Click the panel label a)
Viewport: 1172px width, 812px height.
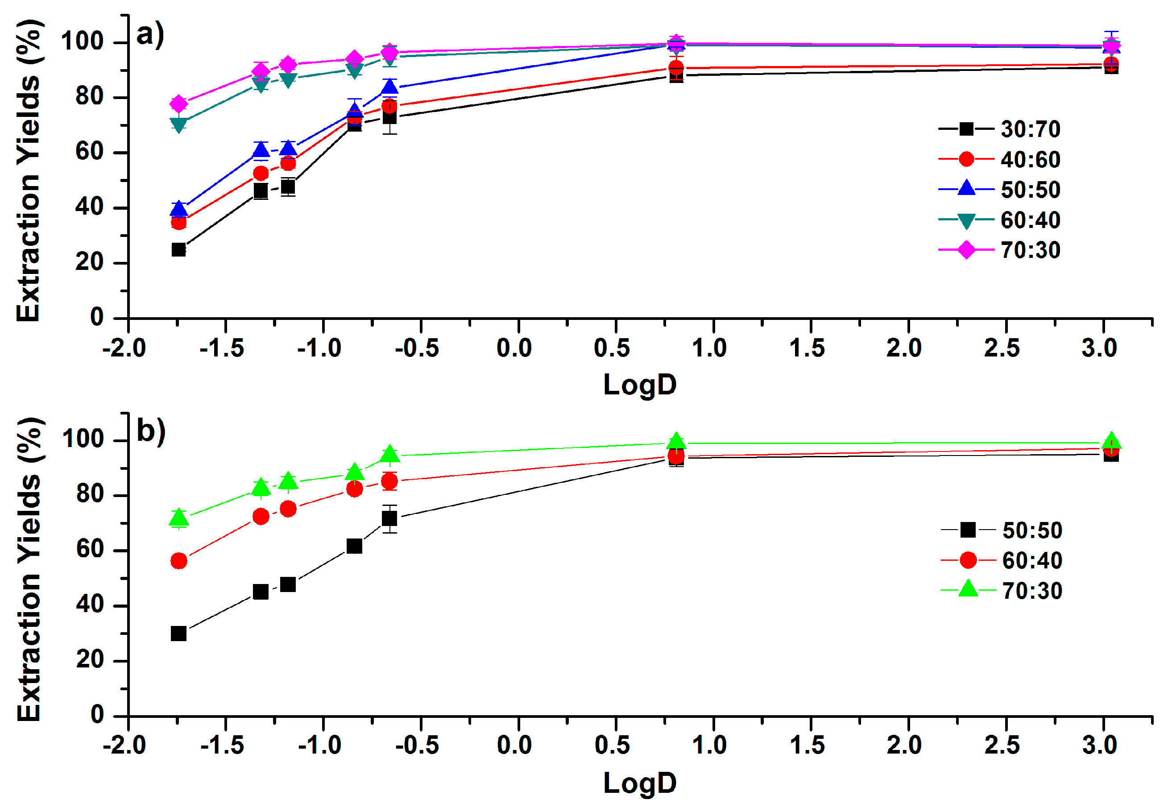(150, 35)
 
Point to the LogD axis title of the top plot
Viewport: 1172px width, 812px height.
(639, 385)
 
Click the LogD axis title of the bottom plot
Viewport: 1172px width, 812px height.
(639, 783)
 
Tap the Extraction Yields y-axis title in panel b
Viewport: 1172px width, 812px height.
(29, 570)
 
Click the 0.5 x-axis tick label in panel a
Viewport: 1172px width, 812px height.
(612, 348)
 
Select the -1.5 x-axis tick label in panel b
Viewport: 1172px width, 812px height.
(222, 746)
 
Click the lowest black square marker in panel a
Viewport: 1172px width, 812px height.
(178, 249)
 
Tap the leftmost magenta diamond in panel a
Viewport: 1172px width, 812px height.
(178, 104)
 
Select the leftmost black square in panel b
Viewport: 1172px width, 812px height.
(178, 634)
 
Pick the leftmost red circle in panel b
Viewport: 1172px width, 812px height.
(178, 561)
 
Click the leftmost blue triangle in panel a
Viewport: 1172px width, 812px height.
(178, 209)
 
